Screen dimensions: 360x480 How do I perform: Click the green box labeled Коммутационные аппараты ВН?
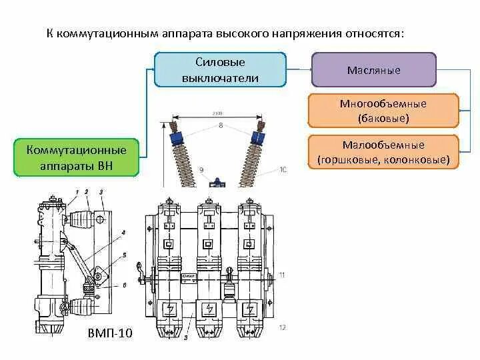(x=76, y=157)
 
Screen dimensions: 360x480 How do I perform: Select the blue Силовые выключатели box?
(x=220, y=70)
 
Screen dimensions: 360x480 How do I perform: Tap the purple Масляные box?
(x=374, y=70)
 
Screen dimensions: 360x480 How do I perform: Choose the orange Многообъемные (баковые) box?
(x=383, y=111)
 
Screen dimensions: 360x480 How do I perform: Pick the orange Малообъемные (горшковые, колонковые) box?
(x=383, y=152)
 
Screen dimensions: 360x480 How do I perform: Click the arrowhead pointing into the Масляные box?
(x=309, y=69)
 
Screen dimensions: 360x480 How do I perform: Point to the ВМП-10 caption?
(x=110, y=333)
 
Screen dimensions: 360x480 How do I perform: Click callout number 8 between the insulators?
(x=220, y=125)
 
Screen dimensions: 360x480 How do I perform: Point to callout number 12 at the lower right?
(x=283, y=327)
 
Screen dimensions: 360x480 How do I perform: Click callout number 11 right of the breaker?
(x=283, y=275)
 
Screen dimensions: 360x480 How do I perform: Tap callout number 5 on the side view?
(x=124, y=255)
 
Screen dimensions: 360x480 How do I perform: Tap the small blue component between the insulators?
(x=216, y=182)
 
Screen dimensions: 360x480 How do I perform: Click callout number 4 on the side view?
(x=124, y=233)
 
